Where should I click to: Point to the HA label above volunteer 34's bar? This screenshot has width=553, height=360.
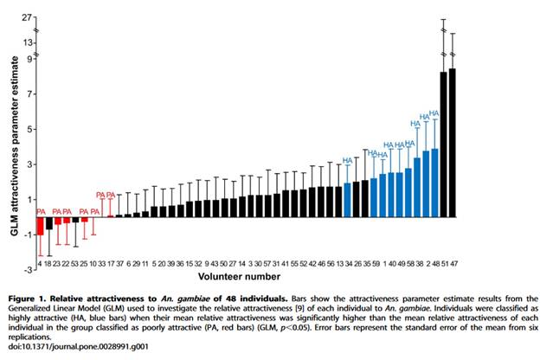348,160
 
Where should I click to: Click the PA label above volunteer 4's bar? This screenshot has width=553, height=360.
41,211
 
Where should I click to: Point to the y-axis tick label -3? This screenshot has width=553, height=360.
27,269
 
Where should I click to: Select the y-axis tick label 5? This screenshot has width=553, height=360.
29,129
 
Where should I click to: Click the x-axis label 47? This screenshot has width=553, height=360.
453,262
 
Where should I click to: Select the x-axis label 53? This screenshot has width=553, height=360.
75,262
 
